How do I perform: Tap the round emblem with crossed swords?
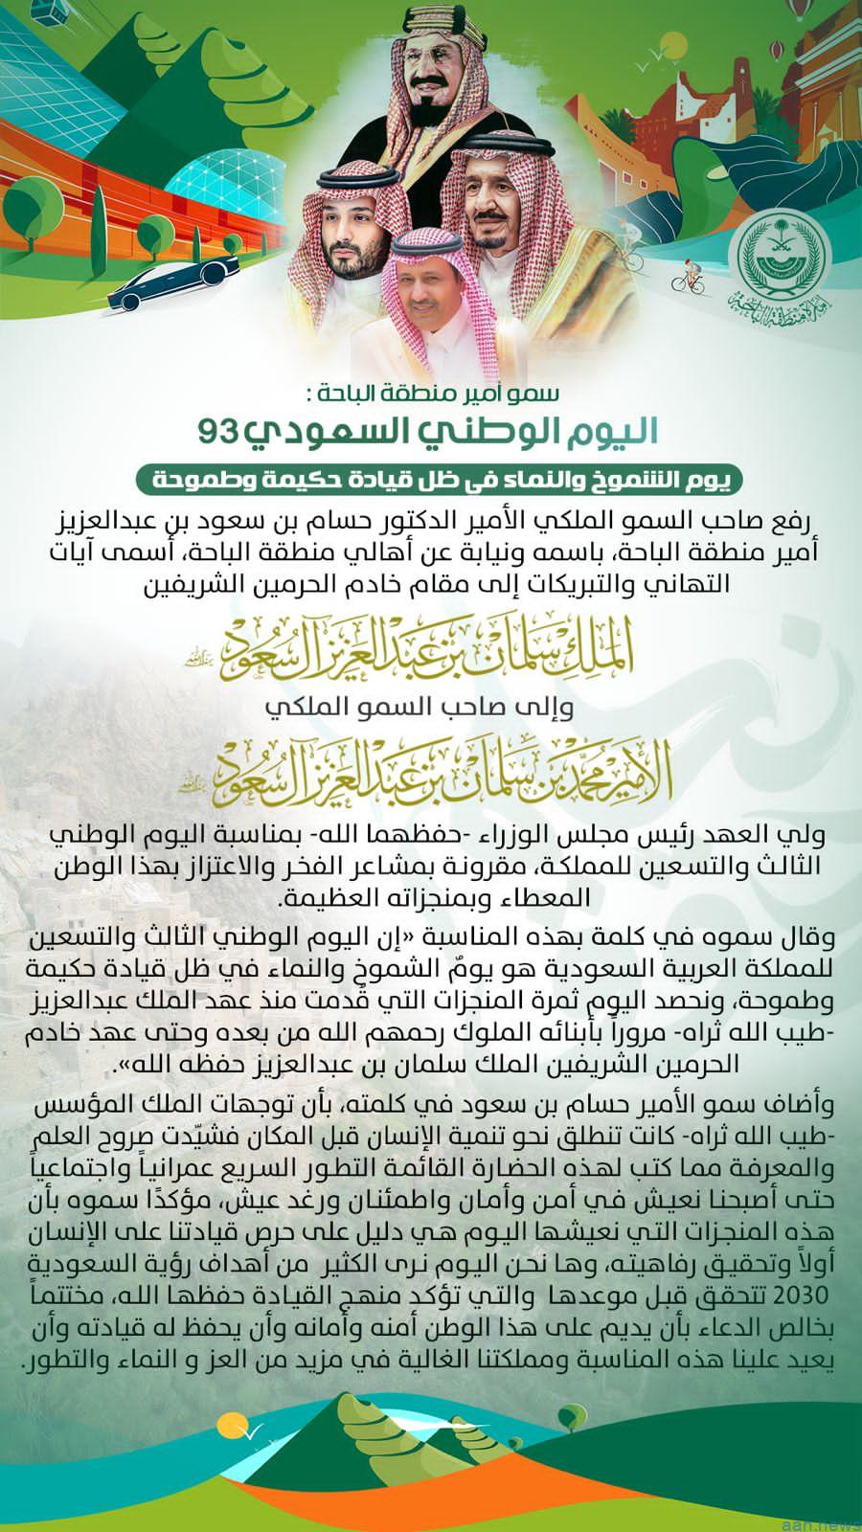[775, 258]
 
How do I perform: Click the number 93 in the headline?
[217, 429]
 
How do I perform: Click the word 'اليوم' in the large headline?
[602, 431]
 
